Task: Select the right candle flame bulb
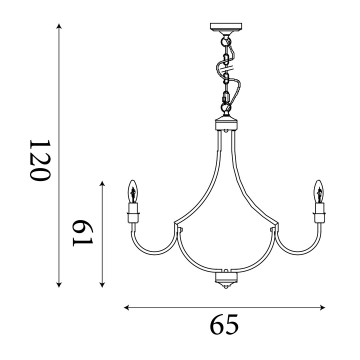319,191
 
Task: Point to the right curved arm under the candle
297,243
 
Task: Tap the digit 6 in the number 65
215,325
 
